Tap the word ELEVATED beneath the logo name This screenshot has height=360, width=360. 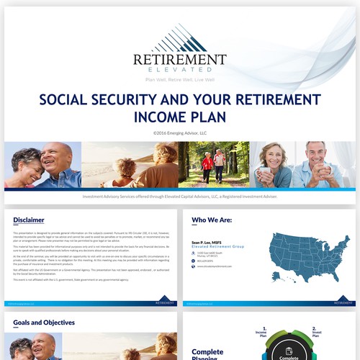(179, 73)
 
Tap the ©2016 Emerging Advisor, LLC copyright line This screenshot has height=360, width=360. (179, 132)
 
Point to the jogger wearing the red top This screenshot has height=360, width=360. (207, 165)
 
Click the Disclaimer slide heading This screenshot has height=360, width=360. (29, 220)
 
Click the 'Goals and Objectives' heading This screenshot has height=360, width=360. (44, 323)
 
